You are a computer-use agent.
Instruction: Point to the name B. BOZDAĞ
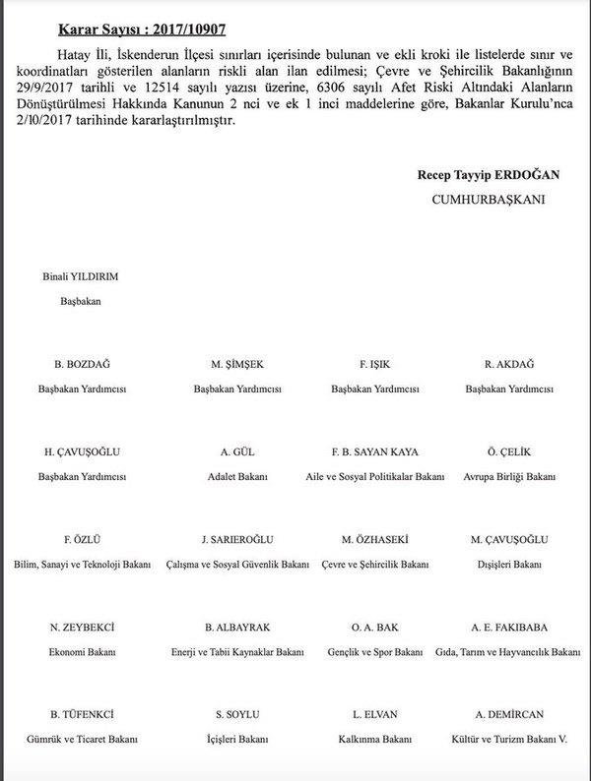[x=81, y=364]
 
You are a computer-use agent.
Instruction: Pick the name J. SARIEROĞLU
[x=238, y=539]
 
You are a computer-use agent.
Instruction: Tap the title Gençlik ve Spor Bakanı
[x=373, y=651]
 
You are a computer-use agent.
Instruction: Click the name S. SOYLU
[x=236, y=714]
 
